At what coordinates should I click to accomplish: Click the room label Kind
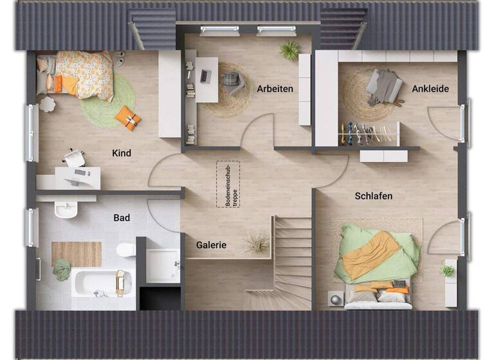pos(122,153)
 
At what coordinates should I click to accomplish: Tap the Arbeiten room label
pos(275,89)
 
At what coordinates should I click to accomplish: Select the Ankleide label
pos(430,89)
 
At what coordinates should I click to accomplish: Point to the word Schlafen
pos(373,195)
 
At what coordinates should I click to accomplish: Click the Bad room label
pos(122,218)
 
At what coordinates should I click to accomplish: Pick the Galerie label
pos(211,245)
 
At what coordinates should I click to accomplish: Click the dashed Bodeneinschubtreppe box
pos(228,184)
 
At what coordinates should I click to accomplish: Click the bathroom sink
pos(66,208)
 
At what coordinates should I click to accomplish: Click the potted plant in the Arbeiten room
pos(290,49)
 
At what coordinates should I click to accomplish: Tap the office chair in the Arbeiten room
pos(233,82)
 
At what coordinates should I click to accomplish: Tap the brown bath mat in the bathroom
pos(77,254)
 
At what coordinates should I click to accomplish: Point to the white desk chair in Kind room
pos(75,157)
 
